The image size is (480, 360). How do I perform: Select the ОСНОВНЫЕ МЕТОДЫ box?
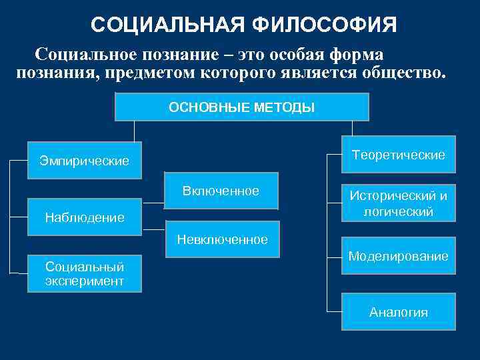pyautogui.click(x=242, y=107)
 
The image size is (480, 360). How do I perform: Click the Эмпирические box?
pyautogui.click(x=85, y=161)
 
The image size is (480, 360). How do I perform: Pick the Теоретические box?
pyautogui.click(x=399, y=154)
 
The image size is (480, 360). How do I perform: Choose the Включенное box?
pyautogui.click(x=221, y=191)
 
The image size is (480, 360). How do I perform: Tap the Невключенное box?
pyautogui.click(x=222, y=239)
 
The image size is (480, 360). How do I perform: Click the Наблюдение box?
pyautogui.click(x=85, y=217)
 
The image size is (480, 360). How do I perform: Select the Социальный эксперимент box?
pyautogui.click(x=85, y=273)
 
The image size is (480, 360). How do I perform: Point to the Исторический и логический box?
pyautogui.click(x=399, y=203)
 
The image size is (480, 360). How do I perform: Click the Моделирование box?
pyautogui.click(x=399, y=256)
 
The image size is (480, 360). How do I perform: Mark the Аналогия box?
pyautogui.click(x=399, y=312)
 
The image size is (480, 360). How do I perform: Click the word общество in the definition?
pyautogui.click(x=401, y=72)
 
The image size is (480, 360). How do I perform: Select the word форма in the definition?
pyautogui.click(x=361, y=53)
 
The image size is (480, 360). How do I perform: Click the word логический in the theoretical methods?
pyautogui.click(x=399, y=211)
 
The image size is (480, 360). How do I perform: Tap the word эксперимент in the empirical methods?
pyautogui.click(x=85, y=281)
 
